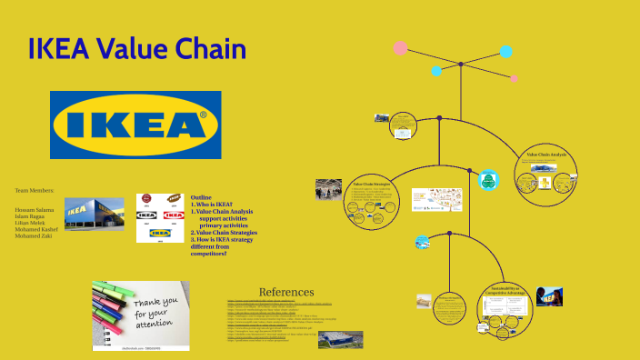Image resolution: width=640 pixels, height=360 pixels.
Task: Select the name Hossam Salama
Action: tap(35, 210)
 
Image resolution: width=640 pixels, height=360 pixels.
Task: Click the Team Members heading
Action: tap(35, 190)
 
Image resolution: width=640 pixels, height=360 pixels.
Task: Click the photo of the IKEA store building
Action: tap(94, 214)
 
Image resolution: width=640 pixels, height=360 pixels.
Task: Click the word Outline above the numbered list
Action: tap(201, 197)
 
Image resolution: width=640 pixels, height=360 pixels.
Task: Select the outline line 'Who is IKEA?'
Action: tap(215, 205)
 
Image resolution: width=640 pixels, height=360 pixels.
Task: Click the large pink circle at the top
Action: tap(400, 47)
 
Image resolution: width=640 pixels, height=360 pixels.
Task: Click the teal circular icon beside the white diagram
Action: tap(487, 179)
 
